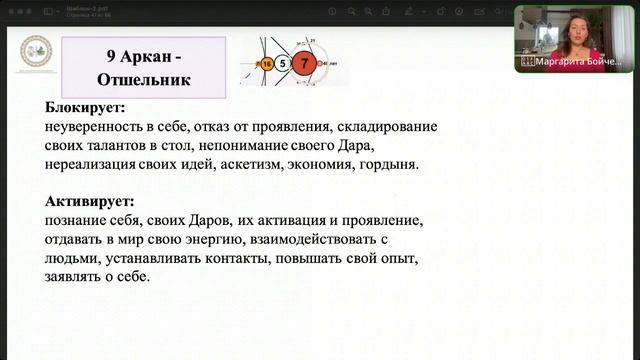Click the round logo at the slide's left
[37, 53]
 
